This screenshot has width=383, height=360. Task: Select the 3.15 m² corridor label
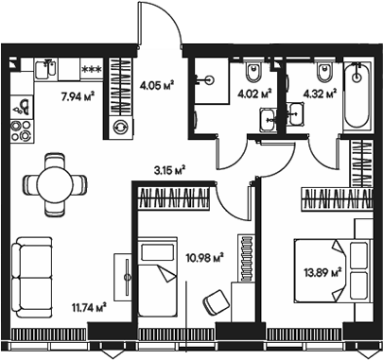tap(169, 170)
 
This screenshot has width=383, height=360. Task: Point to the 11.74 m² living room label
tap(87, 305)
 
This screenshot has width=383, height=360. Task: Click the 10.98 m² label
tap(204, 255)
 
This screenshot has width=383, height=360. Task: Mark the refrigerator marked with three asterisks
tap(92, 69)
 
